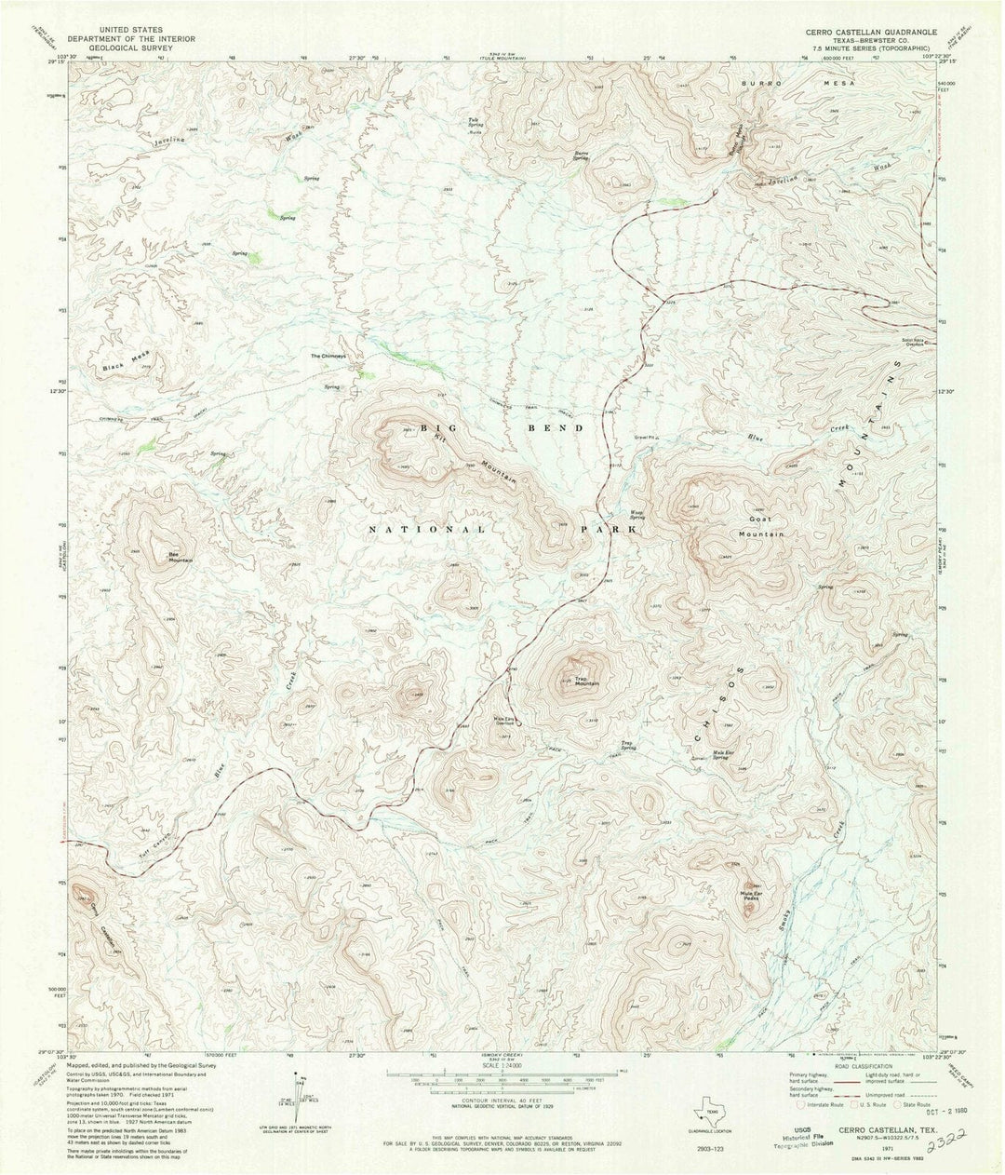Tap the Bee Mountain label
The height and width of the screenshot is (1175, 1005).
[180, 557]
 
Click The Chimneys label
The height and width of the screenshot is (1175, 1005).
[328, 356]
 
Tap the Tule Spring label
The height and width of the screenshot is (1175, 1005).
[475, 122]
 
